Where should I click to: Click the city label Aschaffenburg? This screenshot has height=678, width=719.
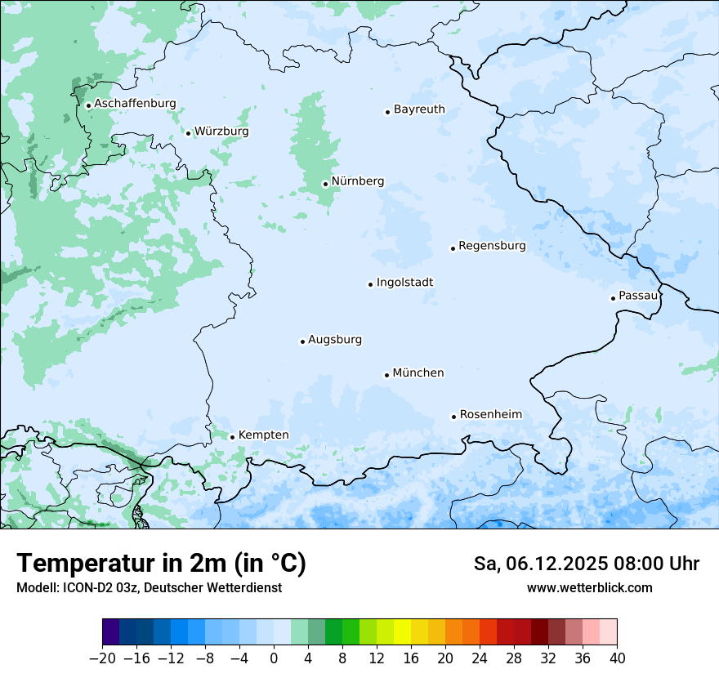click(135, 104)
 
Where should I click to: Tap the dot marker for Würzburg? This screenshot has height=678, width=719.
click(188, 133)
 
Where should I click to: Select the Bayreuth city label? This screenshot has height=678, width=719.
click(419, 109)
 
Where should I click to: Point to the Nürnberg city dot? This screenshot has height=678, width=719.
click(325, 184)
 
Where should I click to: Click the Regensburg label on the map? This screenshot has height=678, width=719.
click(492, 246)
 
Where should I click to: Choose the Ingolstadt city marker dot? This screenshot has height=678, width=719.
click(370, 284)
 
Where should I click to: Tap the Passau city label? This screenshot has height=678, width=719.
click(637, 296)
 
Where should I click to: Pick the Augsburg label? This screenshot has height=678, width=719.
click(335, 340)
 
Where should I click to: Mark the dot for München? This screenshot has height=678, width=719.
click(386, 375)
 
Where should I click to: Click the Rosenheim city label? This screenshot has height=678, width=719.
click(490, 415)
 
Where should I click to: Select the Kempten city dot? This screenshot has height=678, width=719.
click(232, 437)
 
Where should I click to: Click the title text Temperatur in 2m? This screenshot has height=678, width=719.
click(161, 564)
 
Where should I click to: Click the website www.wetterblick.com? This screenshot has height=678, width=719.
click(589, 587)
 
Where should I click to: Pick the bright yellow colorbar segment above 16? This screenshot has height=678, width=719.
click(402, 632)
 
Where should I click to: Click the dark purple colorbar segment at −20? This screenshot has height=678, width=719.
click(111, 632)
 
